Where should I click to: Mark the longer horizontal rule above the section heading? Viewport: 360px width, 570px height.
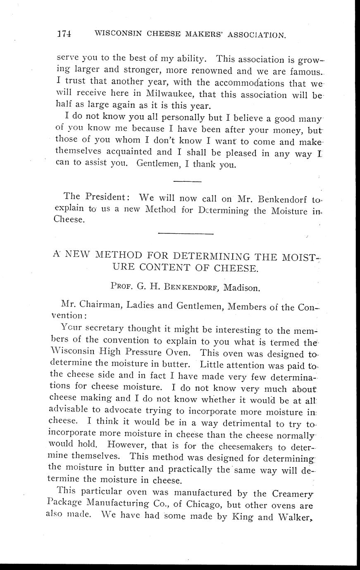[x=186, y=234]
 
